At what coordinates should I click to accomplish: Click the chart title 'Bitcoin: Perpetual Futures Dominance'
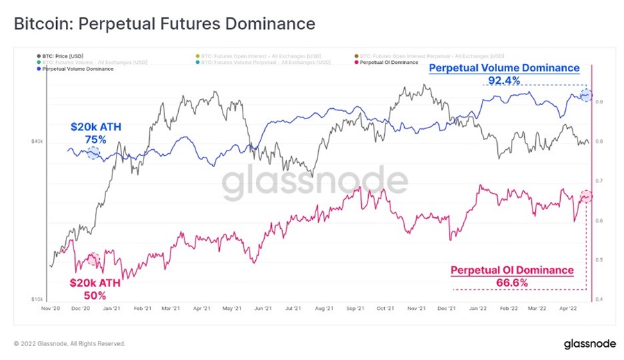164,24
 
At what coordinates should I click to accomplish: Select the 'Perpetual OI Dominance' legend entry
389,62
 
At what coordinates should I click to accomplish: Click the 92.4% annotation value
503,80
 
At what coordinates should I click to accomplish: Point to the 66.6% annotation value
512,282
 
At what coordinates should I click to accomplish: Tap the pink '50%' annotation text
94,295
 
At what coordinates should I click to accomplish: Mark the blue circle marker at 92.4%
587,96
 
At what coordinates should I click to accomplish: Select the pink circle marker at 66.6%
587,197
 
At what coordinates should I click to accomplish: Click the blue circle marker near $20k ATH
93,153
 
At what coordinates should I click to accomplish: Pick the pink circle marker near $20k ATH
94,260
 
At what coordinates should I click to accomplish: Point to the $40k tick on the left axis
37,142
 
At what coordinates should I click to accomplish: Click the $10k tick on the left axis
37,300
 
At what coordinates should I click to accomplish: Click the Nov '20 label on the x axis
53,309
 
